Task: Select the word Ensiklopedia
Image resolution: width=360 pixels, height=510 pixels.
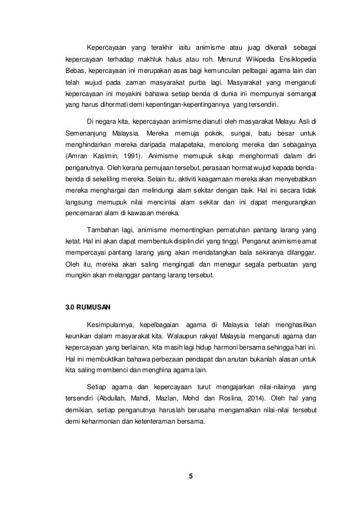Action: point(296,59)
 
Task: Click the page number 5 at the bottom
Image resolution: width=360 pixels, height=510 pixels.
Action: point(191,475)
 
